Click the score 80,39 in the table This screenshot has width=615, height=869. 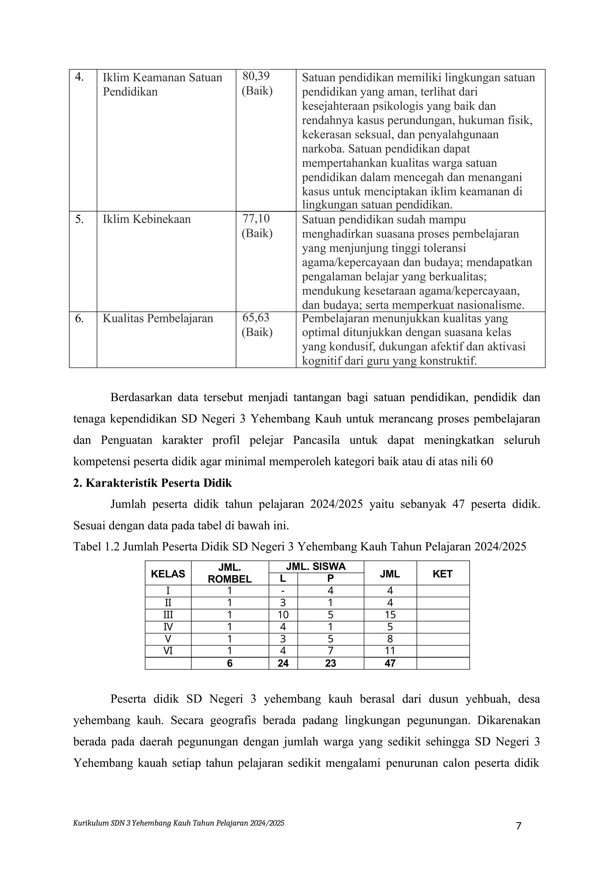pyautogui.click(x=256, y=77)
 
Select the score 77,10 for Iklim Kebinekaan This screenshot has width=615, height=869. pyautogui.click(x=256, y=218)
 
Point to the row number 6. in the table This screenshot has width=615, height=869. pyautogui.click(x=79, y=319)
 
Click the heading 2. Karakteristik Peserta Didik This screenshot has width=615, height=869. pyautogui.click(x=152, y=483)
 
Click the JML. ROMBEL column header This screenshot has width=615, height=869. pyautogui.click(x=229, y=573)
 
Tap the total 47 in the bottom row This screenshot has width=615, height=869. pyautogui.click(x=390, y=663)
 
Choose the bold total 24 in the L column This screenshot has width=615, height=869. pyautogui.click(x=283, y=663)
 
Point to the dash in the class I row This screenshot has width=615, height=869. pyautogui.click(x=283, y=591)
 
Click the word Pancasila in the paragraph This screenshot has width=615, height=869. pyautogui.click(x=316, y=441)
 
